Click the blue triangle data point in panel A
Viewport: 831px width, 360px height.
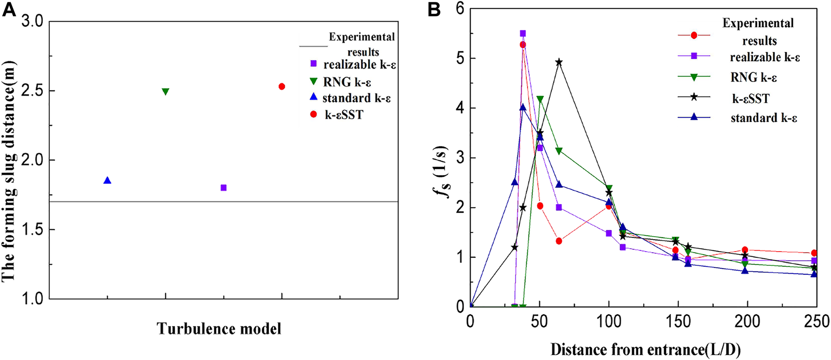[107, 181]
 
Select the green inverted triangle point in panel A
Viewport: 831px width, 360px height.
[165, 91]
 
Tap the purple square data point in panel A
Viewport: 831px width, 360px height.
[223, 188]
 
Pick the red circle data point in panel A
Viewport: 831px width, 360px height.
[282, 87]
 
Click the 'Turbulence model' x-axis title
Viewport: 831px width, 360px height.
[219, 329]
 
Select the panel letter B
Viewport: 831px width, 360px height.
[434, 10]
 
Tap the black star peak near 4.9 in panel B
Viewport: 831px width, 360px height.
[559, 62]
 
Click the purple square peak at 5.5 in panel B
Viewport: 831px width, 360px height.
[523, 33]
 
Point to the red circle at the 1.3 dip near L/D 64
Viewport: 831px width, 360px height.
[559, 241]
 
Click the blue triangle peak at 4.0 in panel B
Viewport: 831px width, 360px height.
[523, 107]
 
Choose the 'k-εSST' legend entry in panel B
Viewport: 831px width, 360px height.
[751, 98]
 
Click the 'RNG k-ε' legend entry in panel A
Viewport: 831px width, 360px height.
[347, 82]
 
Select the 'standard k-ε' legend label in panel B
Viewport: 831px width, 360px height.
[763, 118]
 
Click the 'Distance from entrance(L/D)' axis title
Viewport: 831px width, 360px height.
[646, 350]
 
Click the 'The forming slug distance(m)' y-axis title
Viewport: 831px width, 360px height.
[10, 171]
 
